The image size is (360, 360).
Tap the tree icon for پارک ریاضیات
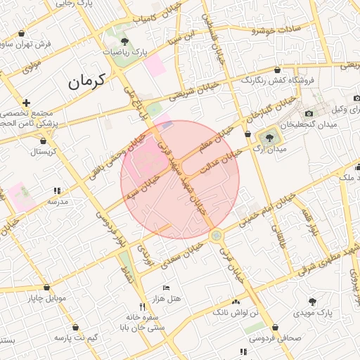(124, 43)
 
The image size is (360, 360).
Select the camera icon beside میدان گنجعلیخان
(309, 114)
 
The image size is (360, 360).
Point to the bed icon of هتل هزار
(166, 288)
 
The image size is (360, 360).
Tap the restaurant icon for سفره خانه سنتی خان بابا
(142, 307)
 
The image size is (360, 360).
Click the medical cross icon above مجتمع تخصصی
(26, 103)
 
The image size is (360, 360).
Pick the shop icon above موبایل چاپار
(47, 288)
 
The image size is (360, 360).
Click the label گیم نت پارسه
(73, 338)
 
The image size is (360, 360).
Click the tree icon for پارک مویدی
(313, 301)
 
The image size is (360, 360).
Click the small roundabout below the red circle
(217, 236)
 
